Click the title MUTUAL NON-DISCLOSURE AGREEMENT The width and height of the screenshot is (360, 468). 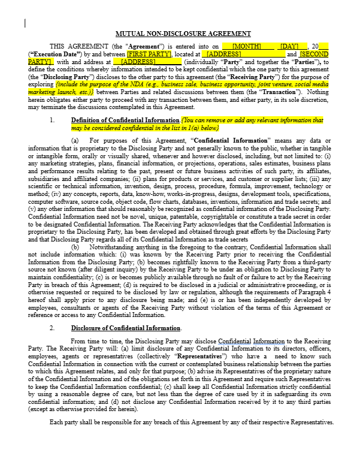pyautogui.click(x=183, y=34)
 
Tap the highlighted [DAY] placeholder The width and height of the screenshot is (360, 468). pyautogui.click(x=289, y=46)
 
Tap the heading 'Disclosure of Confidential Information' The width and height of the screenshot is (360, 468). pyautogui.click(x=126, y=328)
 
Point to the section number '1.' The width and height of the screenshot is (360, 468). pyautogui.click(x=52, y=120)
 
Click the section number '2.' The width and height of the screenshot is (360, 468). pyautogui.click(x=52, y=328)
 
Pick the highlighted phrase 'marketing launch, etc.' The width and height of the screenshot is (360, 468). pyautogui.click(x=62, y=93)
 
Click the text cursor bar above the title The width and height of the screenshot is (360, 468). pyautogui.click(x=25, y=23)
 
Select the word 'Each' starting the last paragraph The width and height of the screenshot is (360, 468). pyautogui.click(x=56, y=422)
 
